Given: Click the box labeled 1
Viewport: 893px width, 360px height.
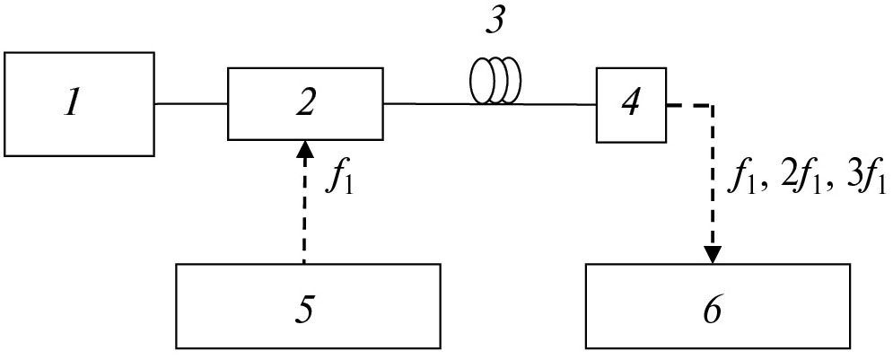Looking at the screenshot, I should pos(79,101).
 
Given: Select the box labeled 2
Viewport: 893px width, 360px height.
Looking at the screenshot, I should pos(305,102).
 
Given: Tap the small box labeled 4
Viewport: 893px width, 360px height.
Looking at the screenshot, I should pos(633,106).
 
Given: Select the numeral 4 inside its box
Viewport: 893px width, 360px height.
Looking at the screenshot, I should pos(633,106).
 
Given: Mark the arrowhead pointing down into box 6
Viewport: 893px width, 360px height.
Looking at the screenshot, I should pos(714,255).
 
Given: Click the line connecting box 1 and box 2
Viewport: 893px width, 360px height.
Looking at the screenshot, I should pos(190,104).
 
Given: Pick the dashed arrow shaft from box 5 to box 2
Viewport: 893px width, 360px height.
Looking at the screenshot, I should pos(305,211).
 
